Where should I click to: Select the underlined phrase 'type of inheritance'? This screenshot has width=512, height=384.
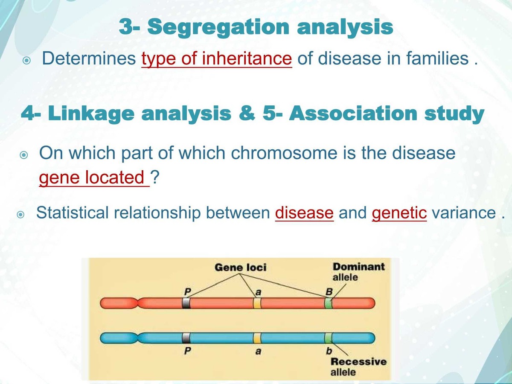[216, 58]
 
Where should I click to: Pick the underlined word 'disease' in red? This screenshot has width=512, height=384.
[304, 212]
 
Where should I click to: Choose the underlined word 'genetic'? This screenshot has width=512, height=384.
[399, 212]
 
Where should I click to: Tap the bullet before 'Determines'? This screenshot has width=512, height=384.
[26, 61]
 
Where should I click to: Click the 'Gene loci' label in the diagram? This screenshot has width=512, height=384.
[240, 268]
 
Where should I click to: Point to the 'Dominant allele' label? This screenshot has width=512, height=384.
[358, 272]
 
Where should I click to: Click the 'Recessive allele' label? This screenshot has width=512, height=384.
[358, 367]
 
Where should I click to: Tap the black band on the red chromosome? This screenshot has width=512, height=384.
[186, 303]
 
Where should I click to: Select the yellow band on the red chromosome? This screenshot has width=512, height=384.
[257, 303]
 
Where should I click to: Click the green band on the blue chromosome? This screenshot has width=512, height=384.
[328, 338]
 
